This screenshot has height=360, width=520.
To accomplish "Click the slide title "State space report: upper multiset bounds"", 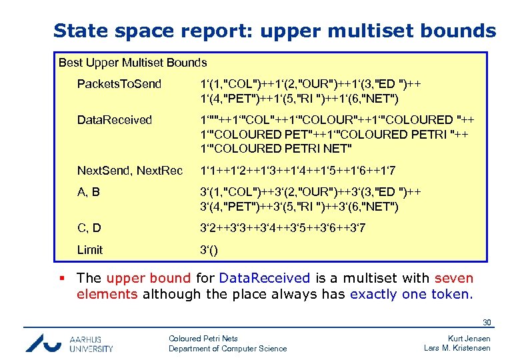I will [x=274, y=31].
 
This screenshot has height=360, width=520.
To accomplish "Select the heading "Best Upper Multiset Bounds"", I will [x=133, y=63].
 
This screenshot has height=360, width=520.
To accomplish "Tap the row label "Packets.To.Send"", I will [x=119, y=84].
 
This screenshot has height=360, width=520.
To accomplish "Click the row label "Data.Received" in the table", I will [x=115, y=120].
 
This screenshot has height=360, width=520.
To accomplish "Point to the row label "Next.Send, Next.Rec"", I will [x=130, y=171].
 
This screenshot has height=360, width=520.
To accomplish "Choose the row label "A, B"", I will [x=89, y=192].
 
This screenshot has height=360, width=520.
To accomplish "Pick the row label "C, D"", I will [x=89, y=228].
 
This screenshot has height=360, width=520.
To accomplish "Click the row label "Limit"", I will [x=90, y=250].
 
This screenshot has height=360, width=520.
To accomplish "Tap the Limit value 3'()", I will [x=209, y=250].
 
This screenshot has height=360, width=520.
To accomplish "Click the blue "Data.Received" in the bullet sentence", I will [x=265, y=278].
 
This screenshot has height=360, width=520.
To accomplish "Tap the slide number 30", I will [x=487, y=323].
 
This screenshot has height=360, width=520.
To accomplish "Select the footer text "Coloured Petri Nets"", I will [x=203, y=339].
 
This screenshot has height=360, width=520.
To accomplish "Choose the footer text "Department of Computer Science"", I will [x=227, y=349].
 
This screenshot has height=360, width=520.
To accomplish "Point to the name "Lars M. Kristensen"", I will [x=457, y=349].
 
